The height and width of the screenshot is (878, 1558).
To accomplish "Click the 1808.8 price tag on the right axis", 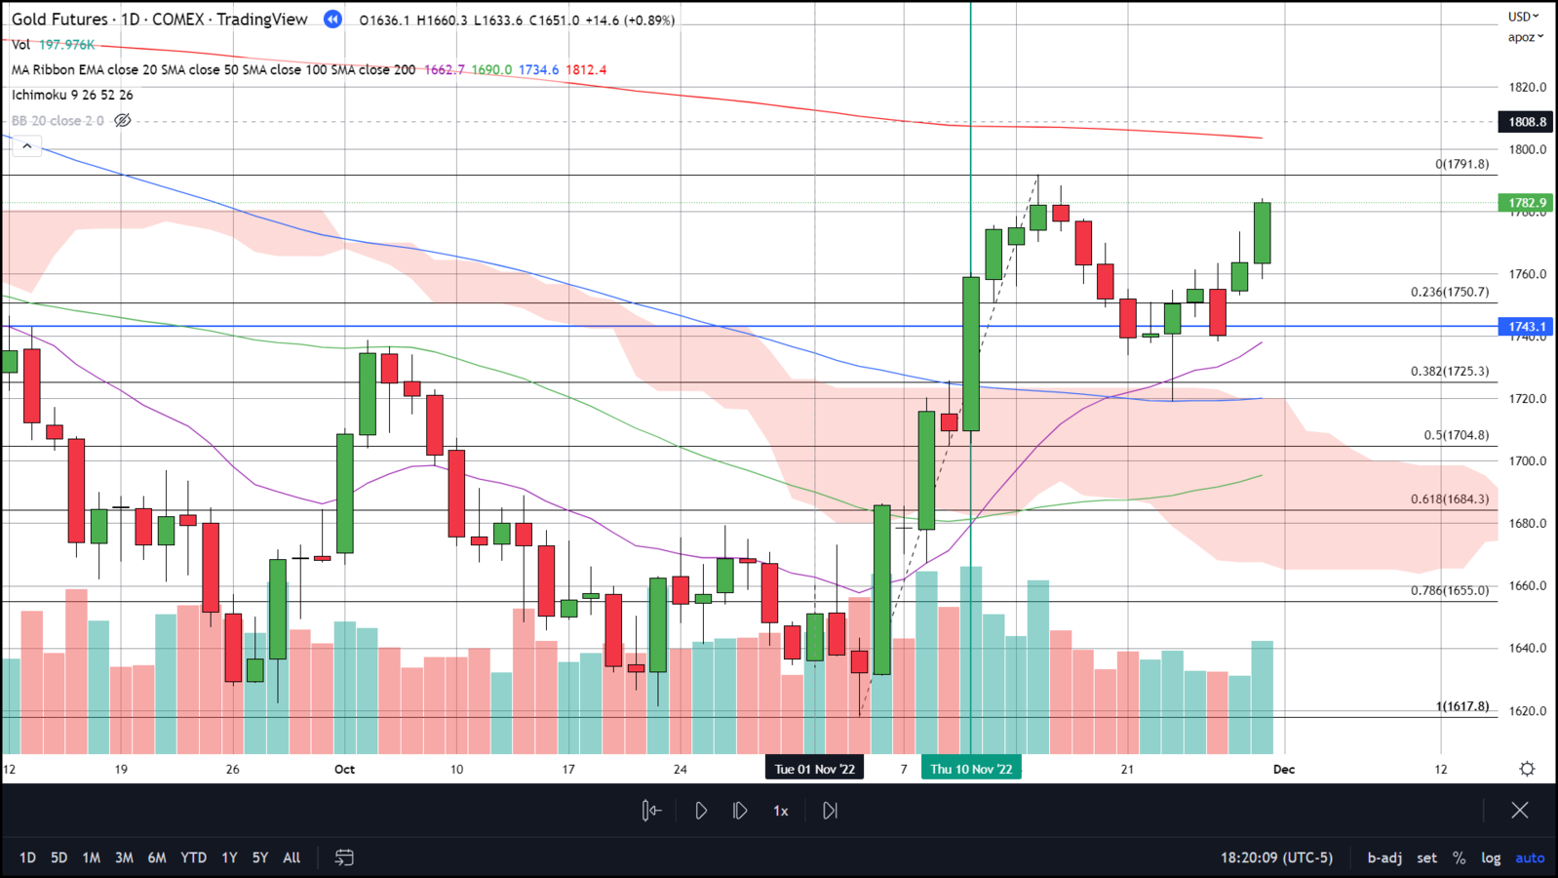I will [x=1526, y=122].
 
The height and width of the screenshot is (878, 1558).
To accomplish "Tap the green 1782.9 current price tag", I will [x=1526, y=203].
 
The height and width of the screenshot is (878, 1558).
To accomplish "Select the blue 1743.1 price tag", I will [x=1526, y=327].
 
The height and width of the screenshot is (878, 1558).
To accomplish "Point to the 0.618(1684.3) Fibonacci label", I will [x=1450, y=499].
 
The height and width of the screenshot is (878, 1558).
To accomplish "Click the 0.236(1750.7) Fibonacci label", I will [x=1450, y=292].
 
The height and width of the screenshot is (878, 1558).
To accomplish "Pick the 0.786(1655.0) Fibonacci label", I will [x=1450, y=590].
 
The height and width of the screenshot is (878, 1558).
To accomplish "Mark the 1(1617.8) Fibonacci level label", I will [x=1462, y=705].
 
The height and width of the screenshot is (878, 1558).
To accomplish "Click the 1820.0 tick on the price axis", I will [x=1527, y=87].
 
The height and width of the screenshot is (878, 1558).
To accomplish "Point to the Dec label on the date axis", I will [x=1284, y=769].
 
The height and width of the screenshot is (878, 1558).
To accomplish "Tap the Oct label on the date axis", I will [x=344, y=769].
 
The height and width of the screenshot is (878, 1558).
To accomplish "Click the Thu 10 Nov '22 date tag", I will [x=971, y=769].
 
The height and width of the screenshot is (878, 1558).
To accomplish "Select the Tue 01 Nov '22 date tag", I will [x=814, y=769].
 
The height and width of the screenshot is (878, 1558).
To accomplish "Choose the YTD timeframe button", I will [x=193, y=858].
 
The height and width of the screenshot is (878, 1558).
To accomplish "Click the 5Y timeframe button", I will [x=260, y=858].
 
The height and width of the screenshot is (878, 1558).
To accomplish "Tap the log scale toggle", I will [x=1491, y=858].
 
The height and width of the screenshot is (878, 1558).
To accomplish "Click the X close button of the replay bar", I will [x=1519, y=810].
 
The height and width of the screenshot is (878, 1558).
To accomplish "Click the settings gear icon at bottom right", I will [x=1527, y=769].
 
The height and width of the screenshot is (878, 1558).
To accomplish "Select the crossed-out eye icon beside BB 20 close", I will [x=123, y=121].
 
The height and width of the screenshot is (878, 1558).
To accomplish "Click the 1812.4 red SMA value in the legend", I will [x=586, y=70].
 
